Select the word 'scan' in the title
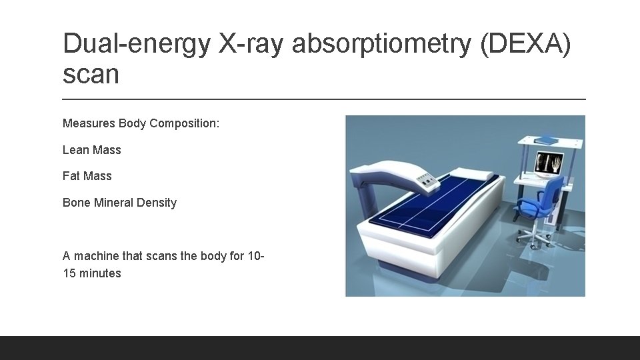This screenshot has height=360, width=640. (x=91, y=74)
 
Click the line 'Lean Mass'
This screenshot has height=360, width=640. (x=91, y=150)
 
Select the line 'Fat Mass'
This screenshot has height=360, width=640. (x=87, y=176)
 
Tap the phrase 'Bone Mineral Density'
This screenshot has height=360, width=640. (x=119, y=203)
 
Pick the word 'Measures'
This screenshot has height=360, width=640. (x=89, y=123)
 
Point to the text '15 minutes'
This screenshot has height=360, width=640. (x=91, y=273)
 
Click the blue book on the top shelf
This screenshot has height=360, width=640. (x=545, y=140)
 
